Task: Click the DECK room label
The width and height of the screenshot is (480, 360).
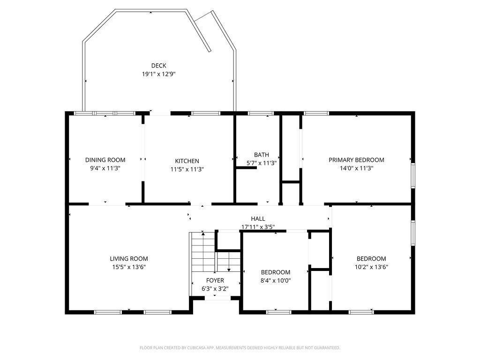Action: (x=158, y=66)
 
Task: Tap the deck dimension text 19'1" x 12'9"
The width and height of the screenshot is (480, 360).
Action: (x=158, y=74)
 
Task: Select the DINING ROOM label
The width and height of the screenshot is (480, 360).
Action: (x=105, y=160)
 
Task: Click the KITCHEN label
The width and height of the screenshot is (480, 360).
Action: (x=187, y=161)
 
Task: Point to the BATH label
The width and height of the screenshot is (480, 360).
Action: (x=262, y=155)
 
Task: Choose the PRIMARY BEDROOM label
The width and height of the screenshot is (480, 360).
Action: (x=356, y=160)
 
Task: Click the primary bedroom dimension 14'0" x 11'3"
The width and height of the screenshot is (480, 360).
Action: (x=356, y=168)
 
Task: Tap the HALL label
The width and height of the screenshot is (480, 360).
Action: (x=258, y=218)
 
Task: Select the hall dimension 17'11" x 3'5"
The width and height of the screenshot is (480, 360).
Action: (x=258, y=227)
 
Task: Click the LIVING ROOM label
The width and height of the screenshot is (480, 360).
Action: (x=129, y=258)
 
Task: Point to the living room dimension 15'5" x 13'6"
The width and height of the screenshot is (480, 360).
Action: (x=129, y=267)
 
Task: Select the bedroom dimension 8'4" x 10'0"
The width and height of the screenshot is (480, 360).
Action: (x=276, y=281)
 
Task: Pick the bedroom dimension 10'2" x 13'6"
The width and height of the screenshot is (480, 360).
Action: (x=371, y=267)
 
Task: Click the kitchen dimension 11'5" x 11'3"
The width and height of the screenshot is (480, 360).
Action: (x=187, y=169)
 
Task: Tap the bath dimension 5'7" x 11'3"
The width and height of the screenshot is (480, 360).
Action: (x=262, y=163)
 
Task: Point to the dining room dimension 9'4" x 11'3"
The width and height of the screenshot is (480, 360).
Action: (x=105, y=168)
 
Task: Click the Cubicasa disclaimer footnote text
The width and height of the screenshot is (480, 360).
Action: (x=240, y=348)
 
